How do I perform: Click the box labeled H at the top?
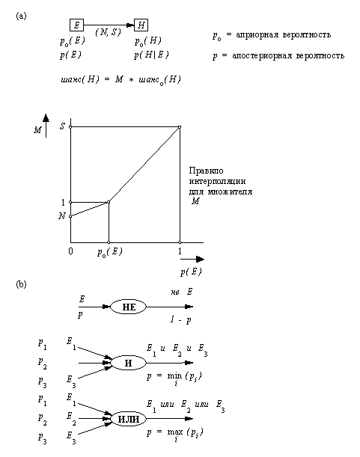tap(141, 25)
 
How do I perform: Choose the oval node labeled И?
tap(128, 363)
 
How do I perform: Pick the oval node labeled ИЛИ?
tap(128, 418)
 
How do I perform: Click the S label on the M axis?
tap(61, 127)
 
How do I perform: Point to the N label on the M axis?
tap(61, 216)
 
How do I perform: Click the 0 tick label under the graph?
tap(70, 251)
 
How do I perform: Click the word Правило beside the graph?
tap(204, 171)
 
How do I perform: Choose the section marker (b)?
tap(20, 284)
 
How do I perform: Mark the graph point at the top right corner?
tap(180, 127)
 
